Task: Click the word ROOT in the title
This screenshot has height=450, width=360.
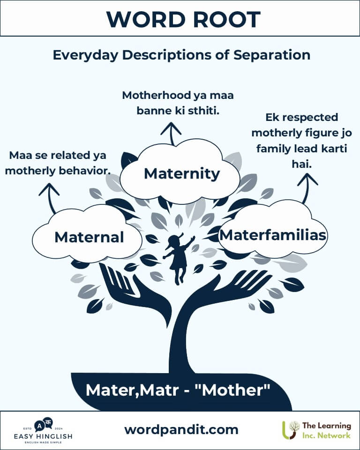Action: pos(226,20)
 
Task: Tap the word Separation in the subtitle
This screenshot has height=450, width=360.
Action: pos(271,55)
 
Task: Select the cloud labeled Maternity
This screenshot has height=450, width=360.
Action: pos(180,172)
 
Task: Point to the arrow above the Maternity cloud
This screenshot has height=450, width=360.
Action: pos(172,134)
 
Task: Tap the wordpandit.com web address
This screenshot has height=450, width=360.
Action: pos(181,430)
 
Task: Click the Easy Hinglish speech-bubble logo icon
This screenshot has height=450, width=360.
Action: pos(44,425)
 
